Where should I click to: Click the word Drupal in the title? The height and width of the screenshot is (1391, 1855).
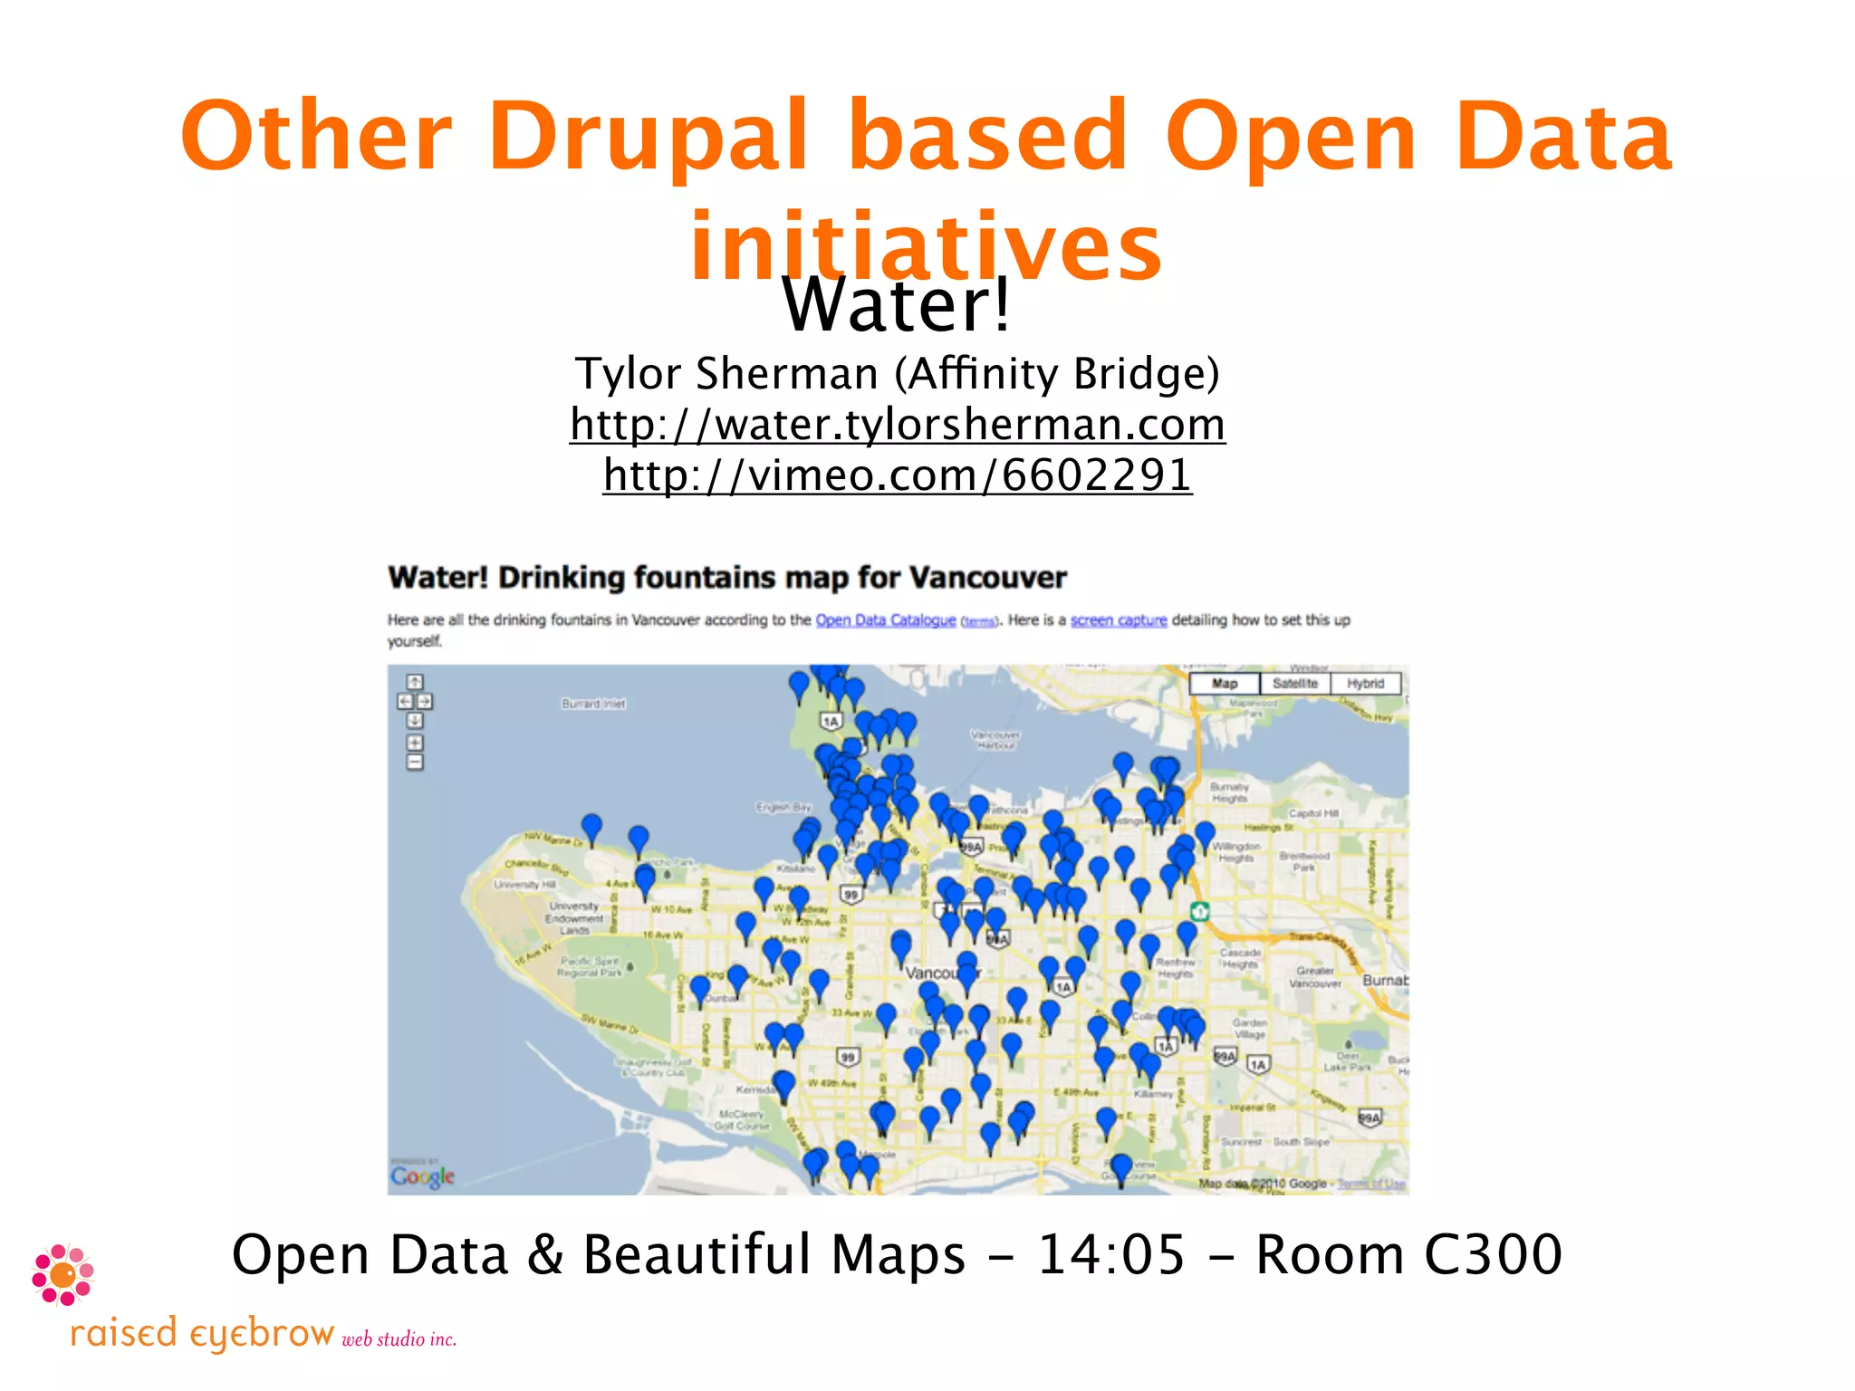pos(648,138)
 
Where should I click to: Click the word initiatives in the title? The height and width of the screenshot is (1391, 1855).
pos(926,246)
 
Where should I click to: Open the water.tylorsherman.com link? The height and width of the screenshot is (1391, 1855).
pos(897,425)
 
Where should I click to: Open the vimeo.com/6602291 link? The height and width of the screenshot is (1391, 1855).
pos(897,475)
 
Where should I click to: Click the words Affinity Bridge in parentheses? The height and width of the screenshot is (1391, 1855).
pos(1056,374)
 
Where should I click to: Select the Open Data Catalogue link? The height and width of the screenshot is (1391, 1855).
pos(885,620)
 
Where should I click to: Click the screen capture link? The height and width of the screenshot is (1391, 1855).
pos(1118,620)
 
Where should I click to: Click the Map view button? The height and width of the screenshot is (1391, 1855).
pos(1224,684)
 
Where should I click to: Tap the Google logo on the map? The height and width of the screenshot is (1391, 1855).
pos(422,1175)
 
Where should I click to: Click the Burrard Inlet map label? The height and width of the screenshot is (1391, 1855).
pos(593,704)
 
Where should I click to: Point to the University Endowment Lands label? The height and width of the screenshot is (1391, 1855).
pos(573,917)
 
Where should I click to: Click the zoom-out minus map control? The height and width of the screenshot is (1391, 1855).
pos(415,763)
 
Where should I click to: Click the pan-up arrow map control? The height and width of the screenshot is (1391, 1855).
pos(415,682)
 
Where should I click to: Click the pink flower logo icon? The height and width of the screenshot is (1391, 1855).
pos(62,1274)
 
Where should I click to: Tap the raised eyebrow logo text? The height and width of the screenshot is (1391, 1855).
pos(202,1334)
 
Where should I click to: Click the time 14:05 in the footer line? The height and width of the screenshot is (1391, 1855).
pos(1110,1255)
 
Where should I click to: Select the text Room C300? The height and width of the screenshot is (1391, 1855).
pos(1408,1255)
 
